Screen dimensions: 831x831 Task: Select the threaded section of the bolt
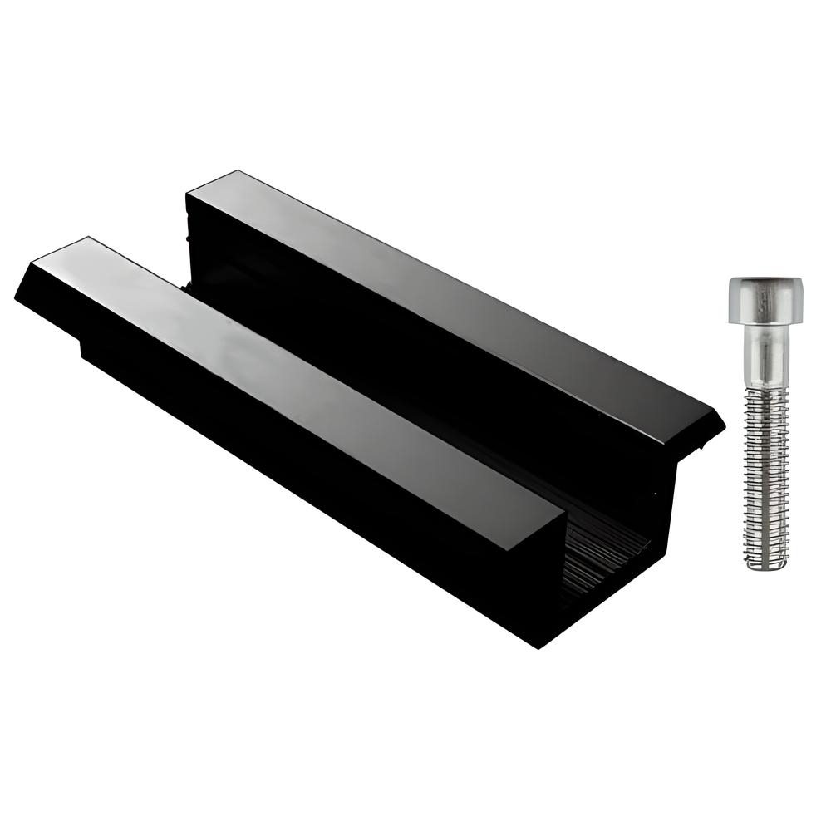pos(764,474)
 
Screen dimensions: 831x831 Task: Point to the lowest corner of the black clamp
pos(538,647)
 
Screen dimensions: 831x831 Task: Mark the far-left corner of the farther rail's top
pos(190,193)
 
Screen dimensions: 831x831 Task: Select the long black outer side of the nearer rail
pos(291,465)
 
